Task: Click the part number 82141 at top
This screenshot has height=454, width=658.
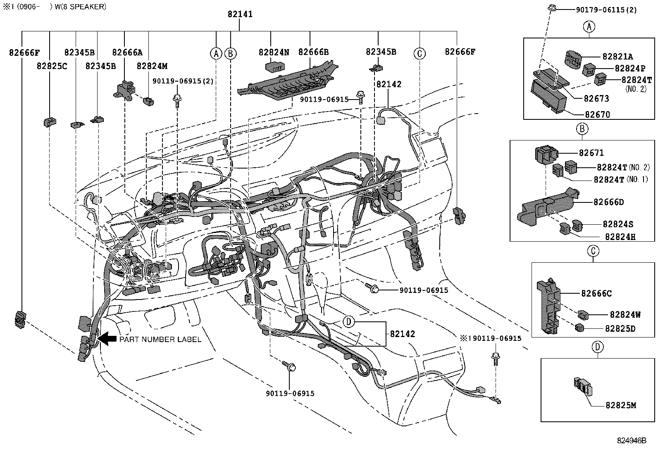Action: (240, 14)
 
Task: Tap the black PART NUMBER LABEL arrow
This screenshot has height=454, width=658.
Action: (107, 339)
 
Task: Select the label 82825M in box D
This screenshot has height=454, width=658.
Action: (620, 405)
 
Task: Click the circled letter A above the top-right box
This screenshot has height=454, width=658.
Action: (589, 27)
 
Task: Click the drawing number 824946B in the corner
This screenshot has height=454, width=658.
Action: (631, 440)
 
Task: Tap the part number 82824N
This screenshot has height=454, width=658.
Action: (274, 52)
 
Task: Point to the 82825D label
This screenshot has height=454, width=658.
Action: (620, 329)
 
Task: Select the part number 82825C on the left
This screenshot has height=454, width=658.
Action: (52, 66)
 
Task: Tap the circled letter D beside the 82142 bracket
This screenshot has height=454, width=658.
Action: (349, 321)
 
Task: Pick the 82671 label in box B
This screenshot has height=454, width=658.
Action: (591, 153)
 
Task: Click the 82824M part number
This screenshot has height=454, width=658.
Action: (152, 66)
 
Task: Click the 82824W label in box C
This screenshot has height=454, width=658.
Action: (625, 314)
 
